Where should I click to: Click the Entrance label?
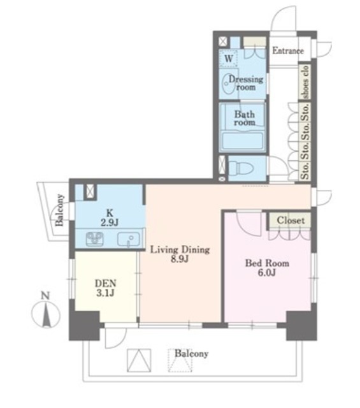(x=288, y=51)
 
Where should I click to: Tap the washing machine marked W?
(x=229, y=58)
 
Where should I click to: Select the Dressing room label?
(x=246, y=83)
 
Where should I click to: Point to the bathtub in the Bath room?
(x=243, y=142)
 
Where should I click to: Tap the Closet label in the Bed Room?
(x=291, y=221)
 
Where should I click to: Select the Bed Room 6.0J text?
(x=267, y=268)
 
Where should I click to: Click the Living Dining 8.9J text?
(x=180, y=254)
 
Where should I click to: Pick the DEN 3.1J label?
(x=105, y=288)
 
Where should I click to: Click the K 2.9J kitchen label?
(x=110, y=217)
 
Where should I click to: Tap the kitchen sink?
(x=129, y=240)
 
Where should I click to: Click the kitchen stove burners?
(x=95, y=239)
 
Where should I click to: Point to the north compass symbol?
(x=46, y=315)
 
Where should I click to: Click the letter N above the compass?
(x=45, y=296)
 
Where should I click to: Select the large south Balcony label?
(x=191, y=354)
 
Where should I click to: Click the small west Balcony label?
(x=59, y=210)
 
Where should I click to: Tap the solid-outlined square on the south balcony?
(x=139, y=360)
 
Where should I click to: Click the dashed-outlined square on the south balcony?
(x=180, y=360)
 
